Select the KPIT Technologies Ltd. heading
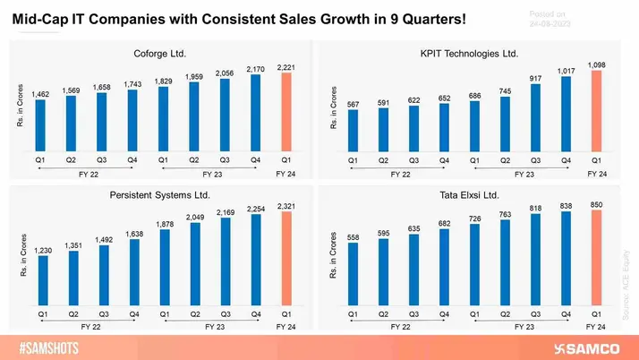[x=470, y=54]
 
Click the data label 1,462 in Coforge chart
[x=42, y=93]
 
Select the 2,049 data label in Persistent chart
[x=194, y=218]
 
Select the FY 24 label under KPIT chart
[x=597, y=173]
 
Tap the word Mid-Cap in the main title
[x=42, y=18]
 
